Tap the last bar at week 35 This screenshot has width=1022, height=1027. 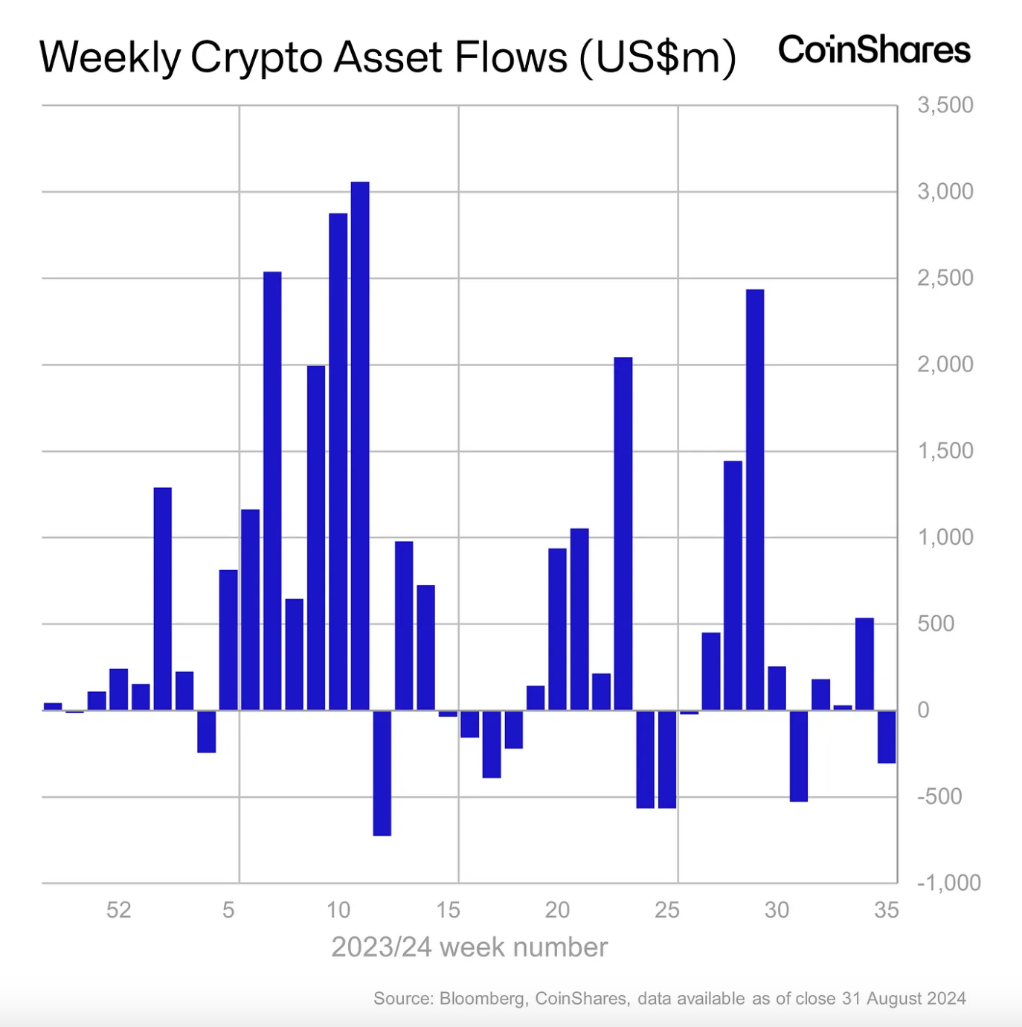[x=887, y=736]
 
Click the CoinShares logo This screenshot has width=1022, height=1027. [x=874, y=51]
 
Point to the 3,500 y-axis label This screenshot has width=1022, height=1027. [x=945, y=105]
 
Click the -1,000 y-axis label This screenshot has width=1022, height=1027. [x=948, y=883]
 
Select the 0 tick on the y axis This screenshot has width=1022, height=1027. [x=923, y=710]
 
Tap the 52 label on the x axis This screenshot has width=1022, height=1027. [x=119, y=909]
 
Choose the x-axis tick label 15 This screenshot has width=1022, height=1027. [x=448, y=909]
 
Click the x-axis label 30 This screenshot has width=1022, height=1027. [x=777, y=909]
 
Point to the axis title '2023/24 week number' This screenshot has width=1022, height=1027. [x=469, y=947]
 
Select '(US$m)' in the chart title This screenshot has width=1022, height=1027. [x=658, y=57]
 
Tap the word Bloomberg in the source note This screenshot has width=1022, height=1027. [x=482, y=998]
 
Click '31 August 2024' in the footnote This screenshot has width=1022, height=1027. [x=904, y=998]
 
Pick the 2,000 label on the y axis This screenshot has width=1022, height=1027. [x=945, y=364]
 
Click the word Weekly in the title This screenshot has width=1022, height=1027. [x=109, y=57]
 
